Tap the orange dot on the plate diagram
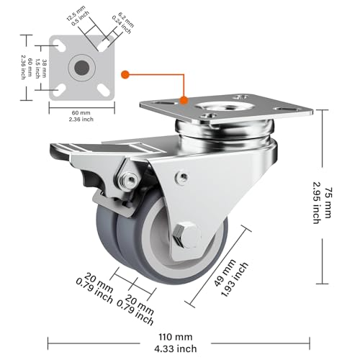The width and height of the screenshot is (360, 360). (x=125, y=73)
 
